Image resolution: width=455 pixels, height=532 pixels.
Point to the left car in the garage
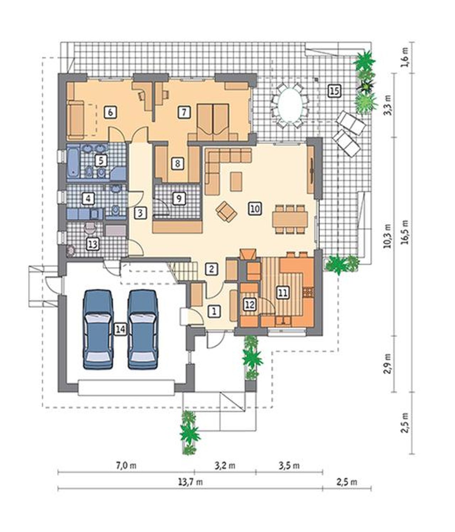coord(98,329)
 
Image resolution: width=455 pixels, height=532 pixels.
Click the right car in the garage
coord(143,329)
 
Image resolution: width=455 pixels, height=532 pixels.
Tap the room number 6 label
coord(110,112)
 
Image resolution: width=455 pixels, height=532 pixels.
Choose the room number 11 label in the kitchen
coord(283,292)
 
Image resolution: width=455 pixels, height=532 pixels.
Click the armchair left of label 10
coord(226,211)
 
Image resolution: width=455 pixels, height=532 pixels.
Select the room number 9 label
coord(178,198)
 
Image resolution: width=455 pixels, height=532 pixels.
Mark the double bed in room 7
coord(213,122)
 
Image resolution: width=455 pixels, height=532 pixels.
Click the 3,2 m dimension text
coord(225,465)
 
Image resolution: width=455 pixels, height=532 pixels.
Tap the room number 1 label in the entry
coord(214,311)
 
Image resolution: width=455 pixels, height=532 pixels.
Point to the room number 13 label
coord(93,244)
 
